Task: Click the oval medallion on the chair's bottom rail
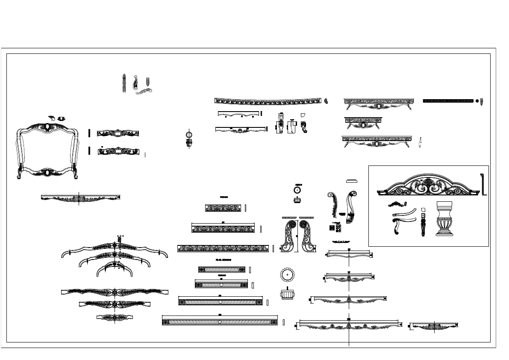tap(47, 173)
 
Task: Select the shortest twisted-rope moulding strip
tap(222, 269)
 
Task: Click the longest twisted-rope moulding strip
tap(220, 321)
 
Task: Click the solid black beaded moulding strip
tap(448, 101)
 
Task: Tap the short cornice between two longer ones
tap(363, 122)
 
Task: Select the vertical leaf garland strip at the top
tap(124, 83)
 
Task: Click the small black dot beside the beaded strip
tap(477, 101)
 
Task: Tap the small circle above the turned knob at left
tap(189, 134)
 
